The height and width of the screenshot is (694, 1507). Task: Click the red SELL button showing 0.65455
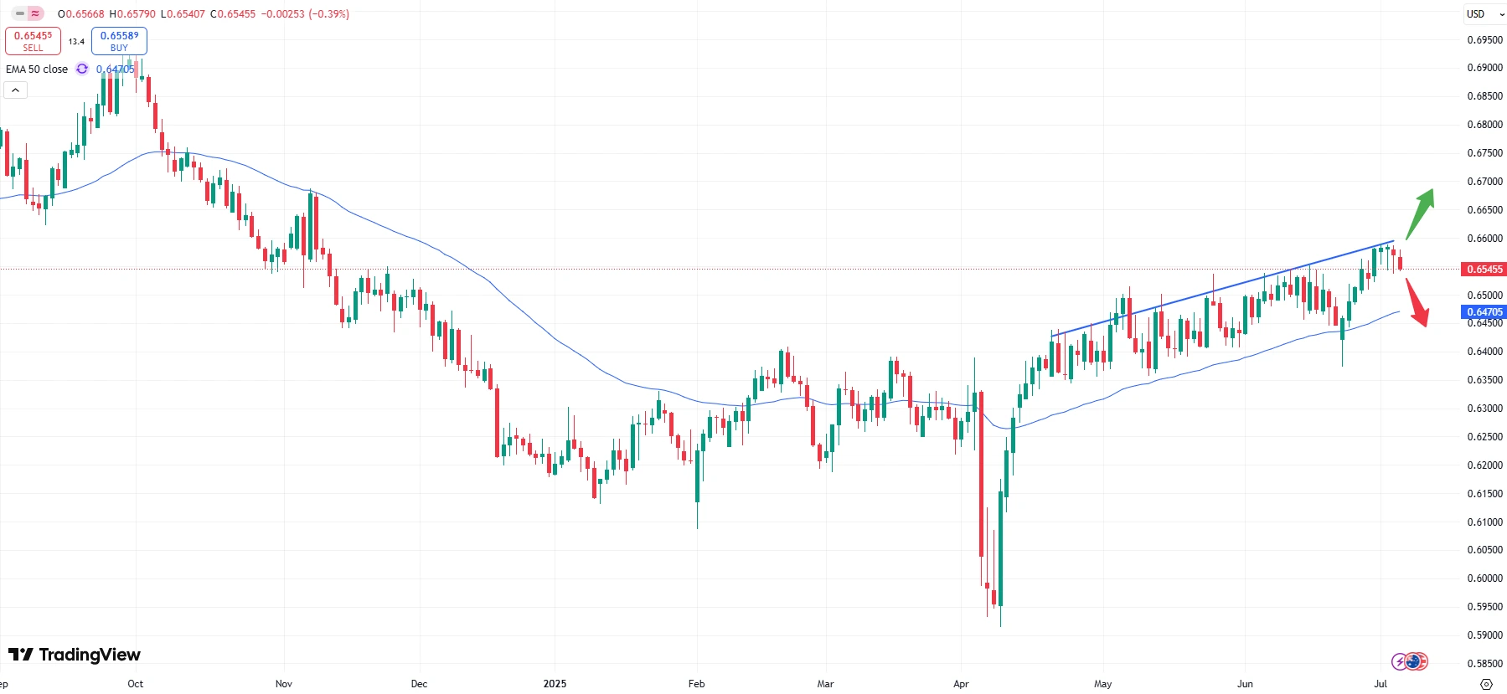coord(33,40)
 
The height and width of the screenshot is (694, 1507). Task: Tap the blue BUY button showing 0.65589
coord(119,40)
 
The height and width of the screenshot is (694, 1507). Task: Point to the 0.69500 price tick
coord(1484,39)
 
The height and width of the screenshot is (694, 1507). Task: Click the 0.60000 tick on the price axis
coord(1484,578)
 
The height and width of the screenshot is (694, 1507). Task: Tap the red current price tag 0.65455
coord(1484,270)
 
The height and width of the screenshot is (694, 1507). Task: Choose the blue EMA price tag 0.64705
coord(1484,312)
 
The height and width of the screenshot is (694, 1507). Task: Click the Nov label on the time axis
coord(284,684)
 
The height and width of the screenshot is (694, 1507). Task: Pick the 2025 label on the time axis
coord(555,684)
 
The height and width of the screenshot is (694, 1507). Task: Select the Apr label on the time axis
coord(961,684)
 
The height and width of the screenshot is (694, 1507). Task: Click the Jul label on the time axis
coord(1381,684)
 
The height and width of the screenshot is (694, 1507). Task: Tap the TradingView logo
coord(75,655)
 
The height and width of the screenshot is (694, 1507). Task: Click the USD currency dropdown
coord(1484,14)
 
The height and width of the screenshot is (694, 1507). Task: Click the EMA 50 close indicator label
coord(37,69)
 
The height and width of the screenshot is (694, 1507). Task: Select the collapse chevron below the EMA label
coord(15,90)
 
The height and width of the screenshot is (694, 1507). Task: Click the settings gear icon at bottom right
coord(1486,684)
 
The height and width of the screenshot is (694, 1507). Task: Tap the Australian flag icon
coord(1416,662)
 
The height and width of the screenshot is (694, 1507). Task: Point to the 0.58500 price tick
coord(1484,664)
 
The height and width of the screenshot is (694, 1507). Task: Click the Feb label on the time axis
coord(696,684)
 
